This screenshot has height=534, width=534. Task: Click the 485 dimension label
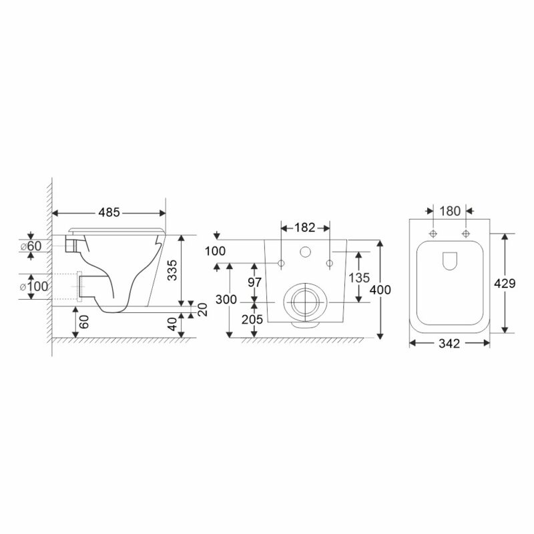tap(109, 212)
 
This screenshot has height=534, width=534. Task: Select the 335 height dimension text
tap(173, 270)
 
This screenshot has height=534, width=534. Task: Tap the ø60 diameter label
tap(31, 246)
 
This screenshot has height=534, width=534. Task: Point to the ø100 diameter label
tap(34, 286)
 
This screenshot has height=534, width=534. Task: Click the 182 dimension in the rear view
tap(305, 228)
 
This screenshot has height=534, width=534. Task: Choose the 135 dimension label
tap(359, 278)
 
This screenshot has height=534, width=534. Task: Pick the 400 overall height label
tap(380, 290)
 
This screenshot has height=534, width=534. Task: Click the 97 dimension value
tap(254, 282)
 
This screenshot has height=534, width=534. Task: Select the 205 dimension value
tap(252, 320)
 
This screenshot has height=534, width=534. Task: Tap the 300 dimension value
tap(226, 300)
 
